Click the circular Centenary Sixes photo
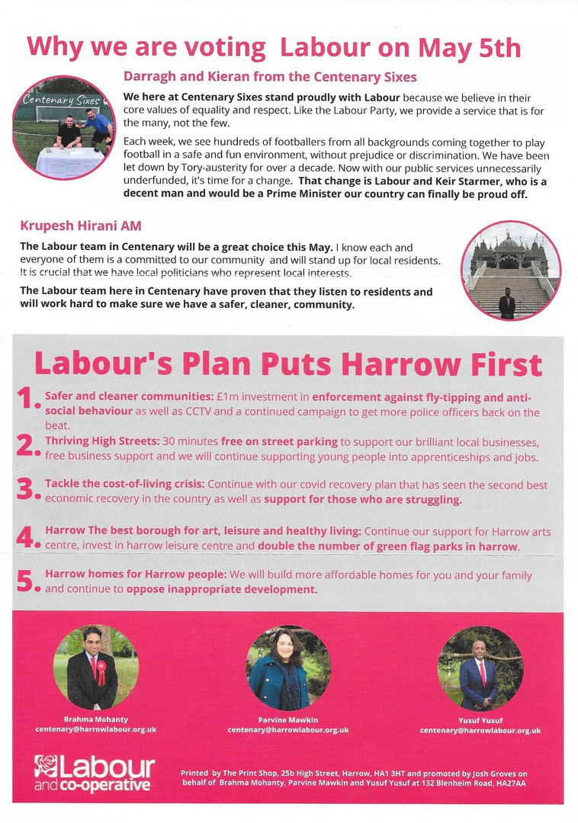point(63,127)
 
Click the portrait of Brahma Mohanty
point(95,667)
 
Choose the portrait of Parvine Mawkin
point(288,667)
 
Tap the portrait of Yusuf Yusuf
point(480,667)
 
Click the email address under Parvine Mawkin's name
point(288,730)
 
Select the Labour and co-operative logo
point(94,773)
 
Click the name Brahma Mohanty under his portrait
point(95,720)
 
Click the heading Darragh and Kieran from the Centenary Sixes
point(270,77)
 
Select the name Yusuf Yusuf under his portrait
point(480,720)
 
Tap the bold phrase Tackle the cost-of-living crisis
point(124,485)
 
